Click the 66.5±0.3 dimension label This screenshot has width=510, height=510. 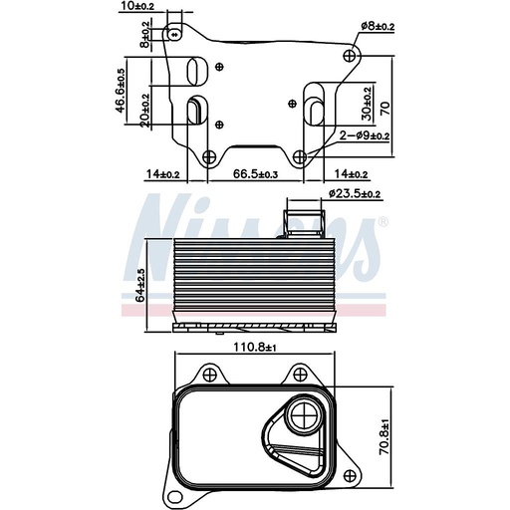coord(255,173)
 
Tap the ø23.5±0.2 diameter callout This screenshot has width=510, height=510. coord(355,194)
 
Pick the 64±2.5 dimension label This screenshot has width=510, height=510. coord(141,283)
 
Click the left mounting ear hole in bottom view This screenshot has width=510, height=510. coord(209,375)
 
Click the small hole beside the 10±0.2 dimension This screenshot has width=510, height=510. coord(176,32)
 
